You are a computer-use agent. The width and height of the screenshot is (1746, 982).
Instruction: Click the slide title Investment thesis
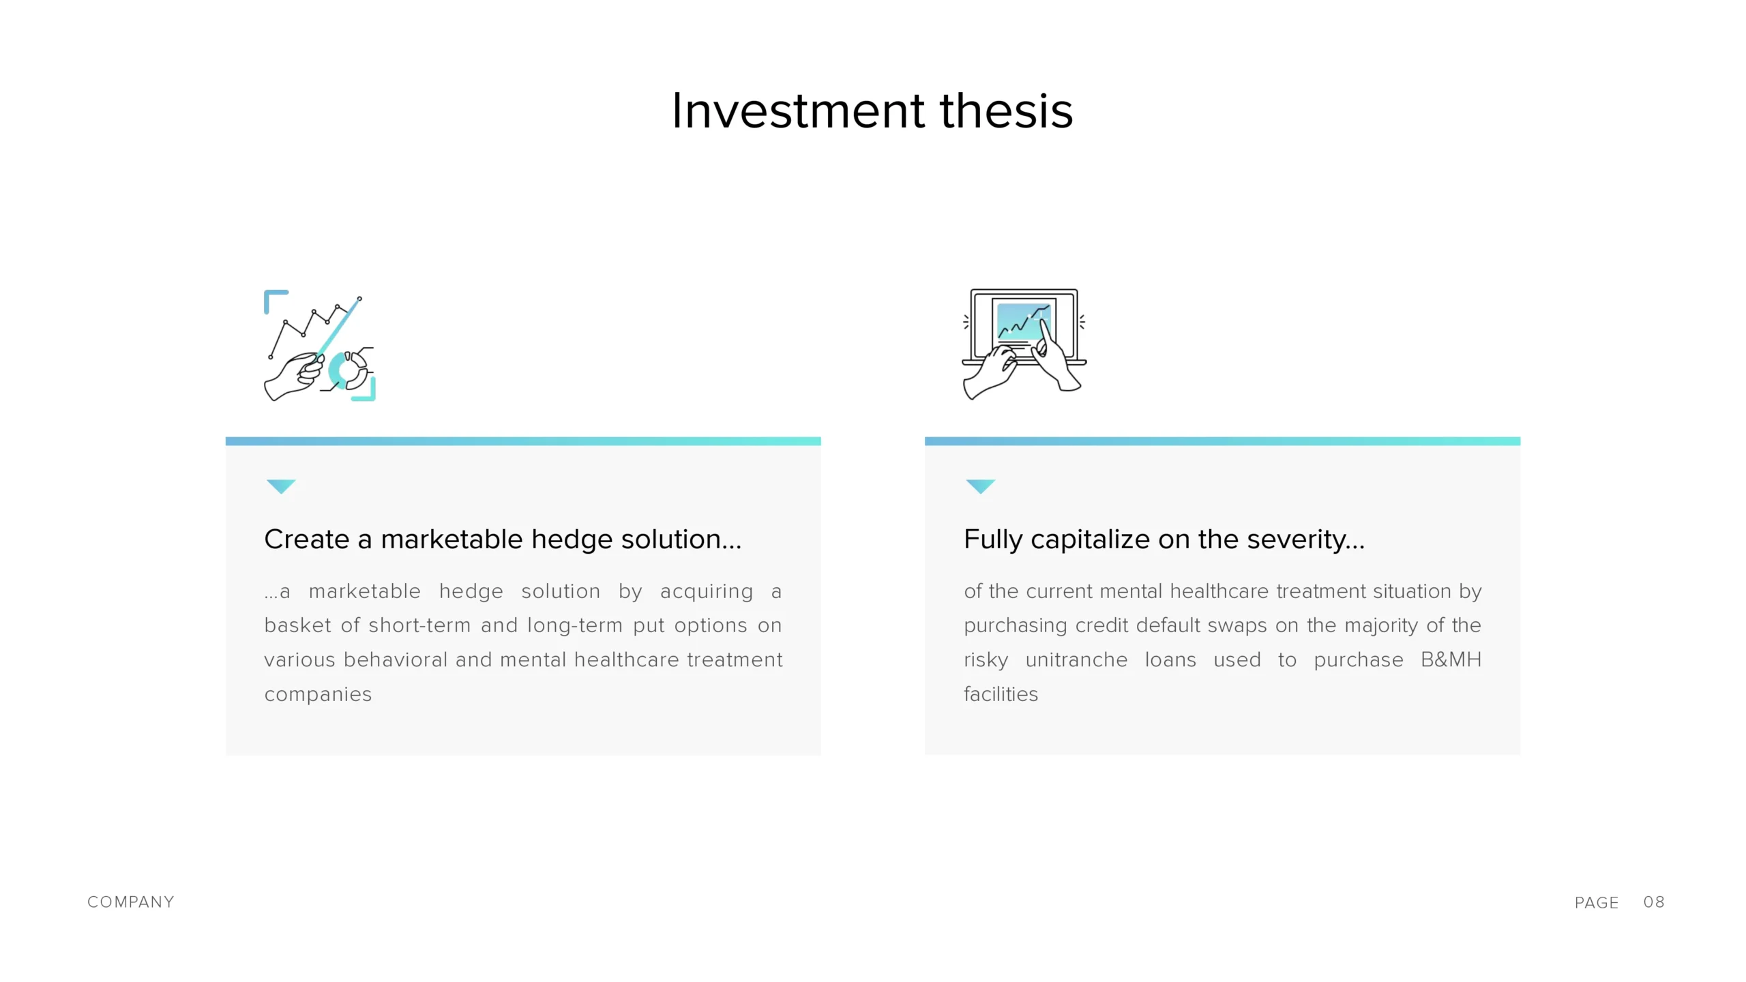coord(872,110)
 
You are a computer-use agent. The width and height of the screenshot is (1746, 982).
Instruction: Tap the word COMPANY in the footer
coord(131,902)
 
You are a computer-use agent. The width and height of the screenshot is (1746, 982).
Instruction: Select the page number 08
coord(1654,902)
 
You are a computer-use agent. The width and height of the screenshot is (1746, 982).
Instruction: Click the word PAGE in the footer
coord(1597,903)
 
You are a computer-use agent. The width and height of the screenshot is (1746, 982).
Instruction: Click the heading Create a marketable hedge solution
coord(503,539)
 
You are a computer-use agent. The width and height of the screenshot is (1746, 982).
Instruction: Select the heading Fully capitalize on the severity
coord(1164,539)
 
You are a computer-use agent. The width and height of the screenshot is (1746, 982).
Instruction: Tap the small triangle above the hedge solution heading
coord(281,486)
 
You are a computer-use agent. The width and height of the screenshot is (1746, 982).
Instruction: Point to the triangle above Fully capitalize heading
coord(981,486)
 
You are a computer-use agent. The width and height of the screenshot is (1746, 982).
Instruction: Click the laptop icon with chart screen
coord(1024,344)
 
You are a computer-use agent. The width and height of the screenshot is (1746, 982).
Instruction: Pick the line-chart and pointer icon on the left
coord(319,345)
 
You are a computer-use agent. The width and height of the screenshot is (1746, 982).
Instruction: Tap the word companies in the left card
coord(318,694)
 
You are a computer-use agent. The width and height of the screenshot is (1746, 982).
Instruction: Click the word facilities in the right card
coord(1001,694)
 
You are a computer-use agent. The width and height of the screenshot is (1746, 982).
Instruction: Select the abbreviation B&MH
coord(1451,659)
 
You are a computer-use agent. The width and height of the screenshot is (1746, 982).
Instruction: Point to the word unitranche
coord(1076,659)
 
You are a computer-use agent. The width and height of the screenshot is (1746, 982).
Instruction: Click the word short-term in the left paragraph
coord(419,625)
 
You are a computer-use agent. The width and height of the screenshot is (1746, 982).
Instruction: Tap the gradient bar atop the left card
coord(523,441)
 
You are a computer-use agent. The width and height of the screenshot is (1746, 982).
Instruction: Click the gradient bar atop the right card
coord(1222,441)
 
